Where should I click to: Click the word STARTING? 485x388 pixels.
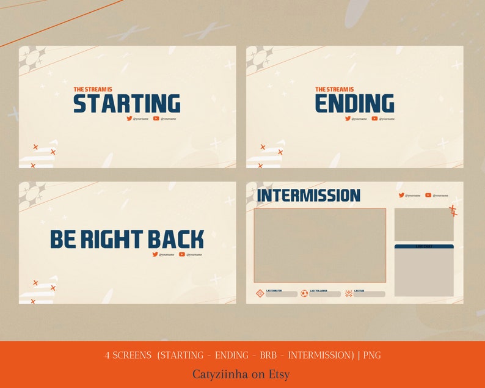pyautogui.click(x=127, y=103)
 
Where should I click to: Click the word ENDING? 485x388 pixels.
pyautogui.click(x=354, y=103)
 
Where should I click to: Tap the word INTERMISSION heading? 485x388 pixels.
pyautogui.click(x=308, y=196)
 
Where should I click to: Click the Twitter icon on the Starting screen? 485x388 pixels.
pyautogui.click(x=129, y=119)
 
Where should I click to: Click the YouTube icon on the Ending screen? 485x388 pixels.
pyautogui.click(x=374, y=119)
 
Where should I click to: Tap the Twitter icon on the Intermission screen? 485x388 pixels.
pyautogui.click(x=401, y=196)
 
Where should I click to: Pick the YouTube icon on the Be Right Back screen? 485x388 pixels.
pyautogui.click(x=182, y=254)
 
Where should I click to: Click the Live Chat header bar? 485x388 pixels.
pyautogui.click(x=424, y=246)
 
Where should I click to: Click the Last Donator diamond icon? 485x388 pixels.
pyautogui.click(x=260, y=293)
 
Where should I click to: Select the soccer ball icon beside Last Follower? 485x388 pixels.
pyautogui.click(x=304, y=293)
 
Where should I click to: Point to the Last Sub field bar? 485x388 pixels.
pyautogui.click(x=369, y=295)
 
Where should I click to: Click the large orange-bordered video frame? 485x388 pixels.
pyautogui.click(x=319, y=245)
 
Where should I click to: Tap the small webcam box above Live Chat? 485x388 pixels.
pyautogui.click(x=424, y=224)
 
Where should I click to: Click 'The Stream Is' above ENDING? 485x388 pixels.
pyautogui.click(x=334, y=89)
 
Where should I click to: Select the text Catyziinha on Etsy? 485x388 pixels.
pyautogui.click(x=241, y=374)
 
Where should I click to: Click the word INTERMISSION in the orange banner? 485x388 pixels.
pyautogui.click(x=321, y=355)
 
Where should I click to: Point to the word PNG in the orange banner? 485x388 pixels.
pyautogui.click(x=372, y=355)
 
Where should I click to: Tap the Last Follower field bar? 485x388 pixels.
pyautogui.click(x=324, y=295)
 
